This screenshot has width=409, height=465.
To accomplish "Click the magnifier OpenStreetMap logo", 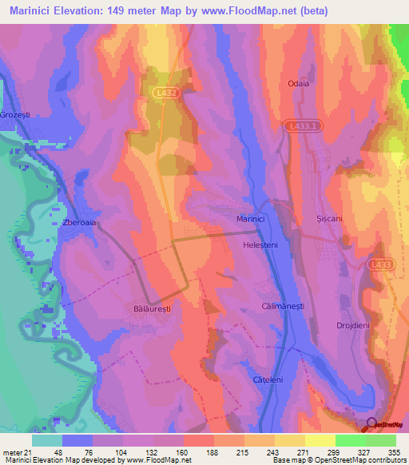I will coord(371,424).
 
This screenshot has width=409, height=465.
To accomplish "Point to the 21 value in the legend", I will coord(30,452).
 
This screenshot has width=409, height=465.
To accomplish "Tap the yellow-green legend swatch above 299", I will coord(320,440).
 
